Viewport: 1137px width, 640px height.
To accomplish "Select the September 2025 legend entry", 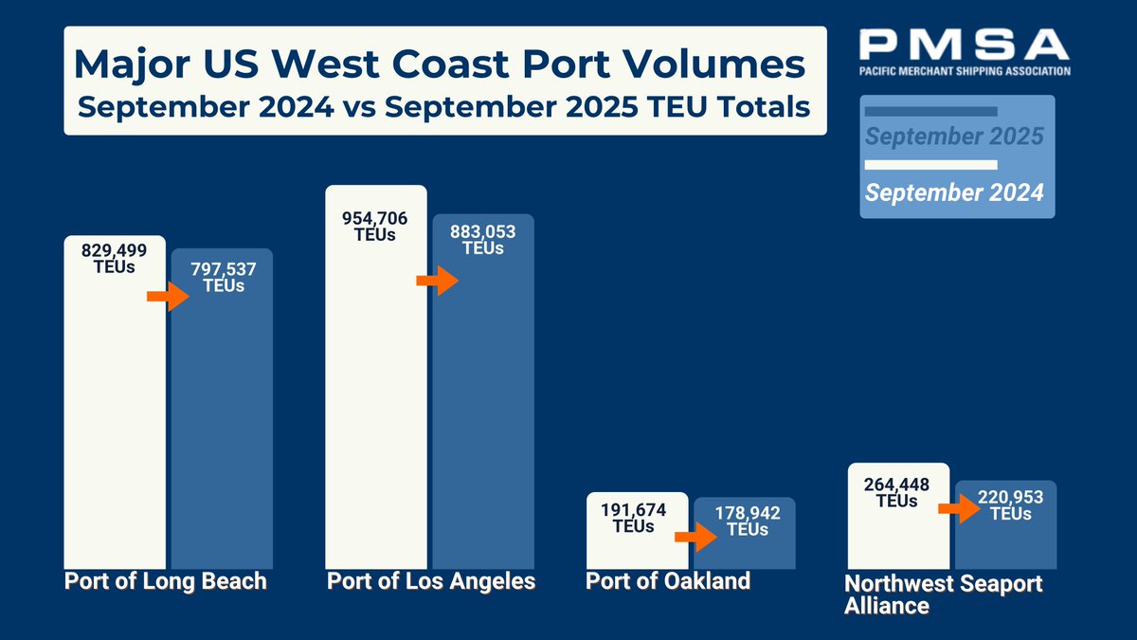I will [x=954, y=137].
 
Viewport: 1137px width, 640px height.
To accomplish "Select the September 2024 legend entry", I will [x=954, y=192].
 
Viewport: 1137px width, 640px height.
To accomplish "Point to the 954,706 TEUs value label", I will [x=375, y=227].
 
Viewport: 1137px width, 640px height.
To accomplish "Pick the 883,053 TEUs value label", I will [x=483, y=240].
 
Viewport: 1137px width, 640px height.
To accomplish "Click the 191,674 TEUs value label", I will [x=634, y=518].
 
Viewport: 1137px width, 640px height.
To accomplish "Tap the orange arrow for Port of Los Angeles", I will [x=436, y=281].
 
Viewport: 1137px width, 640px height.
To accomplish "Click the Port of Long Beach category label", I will [x=165, y=581].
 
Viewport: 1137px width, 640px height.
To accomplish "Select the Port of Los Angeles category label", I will [x=431, y=581].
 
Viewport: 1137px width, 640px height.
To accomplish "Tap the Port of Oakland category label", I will [x=668, y=580].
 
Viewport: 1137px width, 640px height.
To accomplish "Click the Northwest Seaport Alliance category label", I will [x=943, y=594].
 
